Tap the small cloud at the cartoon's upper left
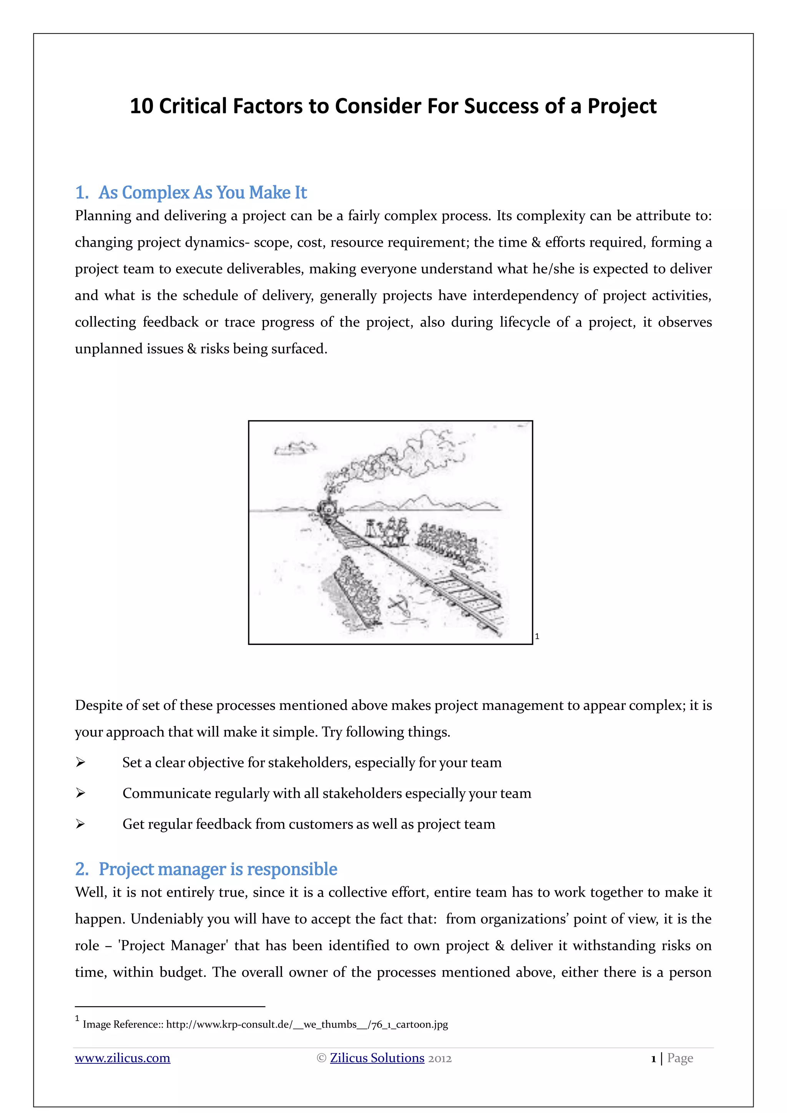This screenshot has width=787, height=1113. click(x=294, y=449)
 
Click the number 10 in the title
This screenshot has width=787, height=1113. click(x=141, y=106)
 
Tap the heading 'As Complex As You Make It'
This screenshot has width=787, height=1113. click(x=203, y=193)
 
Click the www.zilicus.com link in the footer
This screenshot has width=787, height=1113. click(x=123, y=1058)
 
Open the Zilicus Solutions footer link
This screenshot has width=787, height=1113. click(x=377, y=1058)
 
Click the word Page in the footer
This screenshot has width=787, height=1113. click(x=680, y=1058)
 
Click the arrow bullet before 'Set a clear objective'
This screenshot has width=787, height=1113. click(x=80, y=762)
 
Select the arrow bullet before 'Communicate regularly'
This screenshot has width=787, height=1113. click(x=80, y=793)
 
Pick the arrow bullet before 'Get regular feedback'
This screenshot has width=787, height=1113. click(x=80, y=824)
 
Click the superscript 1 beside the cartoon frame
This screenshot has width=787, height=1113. click(x=537, y=636)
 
